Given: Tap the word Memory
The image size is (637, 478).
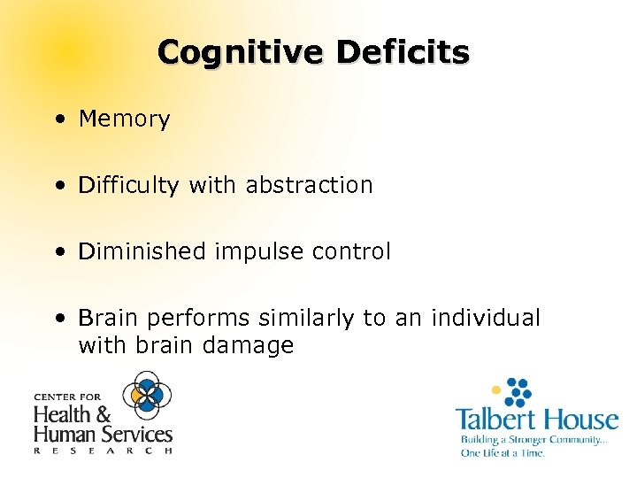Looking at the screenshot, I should click(124, 119).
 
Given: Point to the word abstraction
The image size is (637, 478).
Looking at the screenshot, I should click(310, 185).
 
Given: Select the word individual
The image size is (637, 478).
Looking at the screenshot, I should click(486, 318).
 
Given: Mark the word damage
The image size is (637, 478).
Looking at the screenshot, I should click(249, 345).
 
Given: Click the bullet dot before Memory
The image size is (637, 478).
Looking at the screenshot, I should click(58, 119).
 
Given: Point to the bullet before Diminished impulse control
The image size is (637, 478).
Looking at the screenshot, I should click(58, 252).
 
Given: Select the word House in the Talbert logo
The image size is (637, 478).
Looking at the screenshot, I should click(579, 419).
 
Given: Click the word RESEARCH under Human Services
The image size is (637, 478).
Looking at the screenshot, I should click(102, 450).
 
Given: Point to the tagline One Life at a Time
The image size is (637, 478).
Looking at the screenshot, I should click(502, 452).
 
